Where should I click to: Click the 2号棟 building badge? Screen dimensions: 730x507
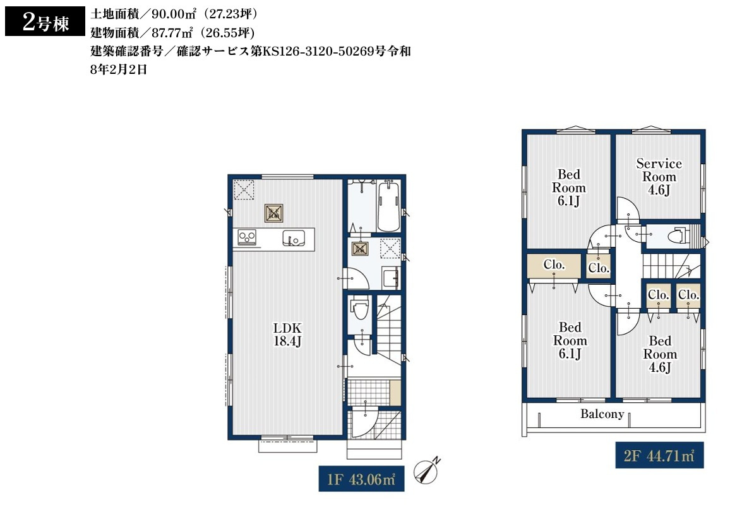pos(45,21)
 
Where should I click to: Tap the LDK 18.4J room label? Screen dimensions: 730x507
pos(287,334)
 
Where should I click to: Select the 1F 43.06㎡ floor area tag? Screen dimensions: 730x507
pos(361,479)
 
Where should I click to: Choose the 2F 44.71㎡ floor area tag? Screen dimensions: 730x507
pos(659,455)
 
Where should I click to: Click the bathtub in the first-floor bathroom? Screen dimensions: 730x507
pos(388,206)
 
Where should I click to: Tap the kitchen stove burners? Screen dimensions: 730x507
pos(247,237)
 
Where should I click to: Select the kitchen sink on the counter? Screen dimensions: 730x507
pos(294,238)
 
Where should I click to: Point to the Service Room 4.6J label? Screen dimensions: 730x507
pos(659,177)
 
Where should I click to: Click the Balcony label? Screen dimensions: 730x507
pos(602,414)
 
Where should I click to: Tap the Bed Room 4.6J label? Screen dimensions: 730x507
pos(660,354)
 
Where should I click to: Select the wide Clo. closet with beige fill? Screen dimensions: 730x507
pos(554,265)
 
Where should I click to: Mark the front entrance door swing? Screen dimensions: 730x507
pos(365,423)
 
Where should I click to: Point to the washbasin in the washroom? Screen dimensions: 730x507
pos(390,278)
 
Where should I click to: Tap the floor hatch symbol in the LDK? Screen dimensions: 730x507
pos(274,213)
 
